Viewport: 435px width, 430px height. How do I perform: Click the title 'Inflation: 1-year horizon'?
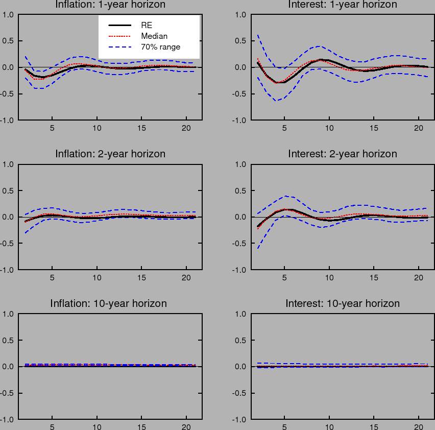[x=110, y=5]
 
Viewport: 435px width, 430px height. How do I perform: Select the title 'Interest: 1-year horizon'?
[x=343, y=5]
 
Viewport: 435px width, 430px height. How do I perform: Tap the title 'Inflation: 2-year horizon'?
[x=110, y=154]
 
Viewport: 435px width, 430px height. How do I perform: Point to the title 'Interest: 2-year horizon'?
[x=343, y=154]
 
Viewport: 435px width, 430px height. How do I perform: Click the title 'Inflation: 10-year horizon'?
[x=108, y=303]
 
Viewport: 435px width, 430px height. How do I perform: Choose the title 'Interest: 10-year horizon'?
[x=343, y=303]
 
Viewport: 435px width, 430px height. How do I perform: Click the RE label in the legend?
[x=147, y=25]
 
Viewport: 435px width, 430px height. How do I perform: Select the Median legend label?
[x=154, y=36]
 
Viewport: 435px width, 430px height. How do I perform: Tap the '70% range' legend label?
[x=160, y=47]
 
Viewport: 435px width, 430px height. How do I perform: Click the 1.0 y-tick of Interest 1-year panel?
[x=239, y=14]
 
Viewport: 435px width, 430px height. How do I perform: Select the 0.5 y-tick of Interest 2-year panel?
[x=239, y=190]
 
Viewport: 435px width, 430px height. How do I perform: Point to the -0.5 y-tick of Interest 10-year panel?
[x=238, y=393]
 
